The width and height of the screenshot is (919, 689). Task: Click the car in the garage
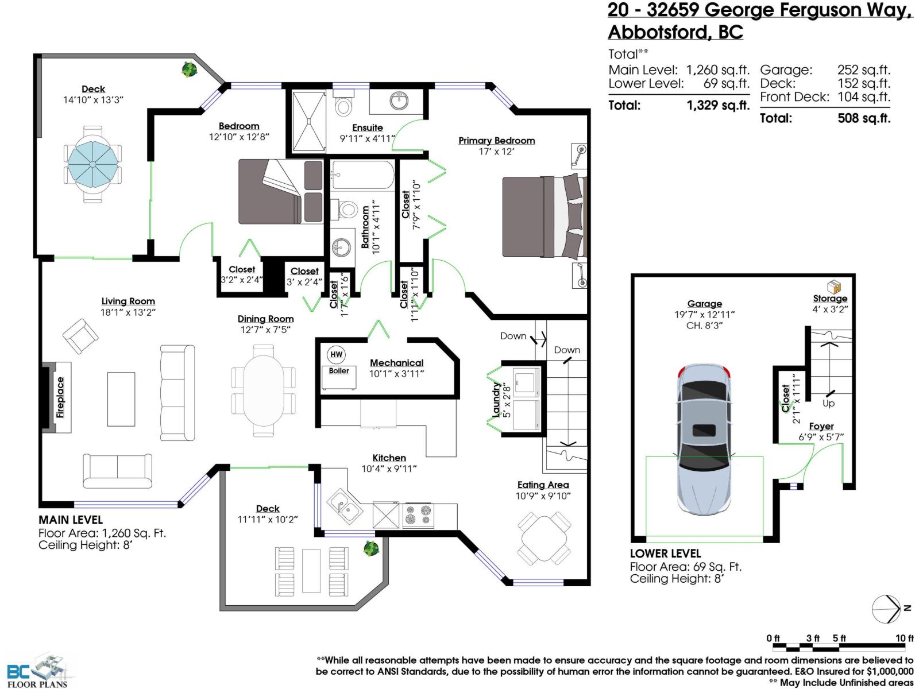pyautogui.click(x=704, y=439)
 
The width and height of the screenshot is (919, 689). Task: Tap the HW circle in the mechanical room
pyautogui.click(x=337, y=354)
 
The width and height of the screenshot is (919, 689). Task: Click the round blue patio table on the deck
pyautogui.click(x=92, y=164)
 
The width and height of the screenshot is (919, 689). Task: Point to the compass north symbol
pyautogui.click(x=887, y=609)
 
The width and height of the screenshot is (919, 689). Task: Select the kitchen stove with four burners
pyautogui.click(x=418, y=515)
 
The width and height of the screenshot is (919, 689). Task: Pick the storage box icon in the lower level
pyautogui.click(x=833, y=287)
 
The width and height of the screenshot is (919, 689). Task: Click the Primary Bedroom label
pyautogui.click(x=496, y=141)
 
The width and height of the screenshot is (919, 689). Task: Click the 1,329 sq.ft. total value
pyautogui.click(x=718, y=106)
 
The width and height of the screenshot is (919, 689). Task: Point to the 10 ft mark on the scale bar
pyautogui.click(x=904, y=638)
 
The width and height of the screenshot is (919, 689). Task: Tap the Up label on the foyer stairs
pyautogui.click(x=828, y=404)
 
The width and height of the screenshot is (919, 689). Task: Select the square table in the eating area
pyautogui.click(x=544, y=539)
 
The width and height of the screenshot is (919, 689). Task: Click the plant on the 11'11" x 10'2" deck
pyautogui.click(x=371, y=548)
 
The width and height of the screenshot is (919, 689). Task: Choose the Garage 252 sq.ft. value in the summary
pyautogui.click(x=863, y=70)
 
